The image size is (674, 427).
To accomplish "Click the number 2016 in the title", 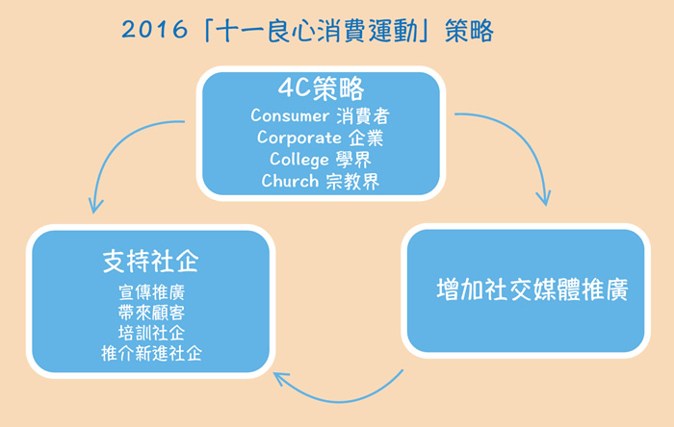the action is coord(154,30).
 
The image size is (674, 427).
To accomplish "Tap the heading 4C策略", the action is coord(321,88).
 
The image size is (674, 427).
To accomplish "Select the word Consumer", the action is coord(290,115).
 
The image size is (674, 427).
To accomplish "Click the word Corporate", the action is coord(299,138).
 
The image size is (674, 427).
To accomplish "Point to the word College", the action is coord(299,160).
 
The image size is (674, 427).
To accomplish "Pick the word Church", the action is coord(290,181).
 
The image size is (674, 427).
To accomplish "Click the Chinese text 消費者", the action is coord(363,115).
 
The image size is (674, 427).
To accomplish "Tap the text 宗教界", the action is coord(352,182).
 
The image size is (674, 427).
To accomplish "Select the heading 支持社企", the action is coord(151,261).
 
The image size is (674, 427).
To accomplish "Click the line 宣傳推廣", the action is coord(152,292).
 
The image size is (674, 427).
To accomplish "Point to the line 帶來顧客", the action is coord(152,313).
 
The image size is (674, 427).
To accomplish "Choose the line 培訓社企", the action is coord(152,333).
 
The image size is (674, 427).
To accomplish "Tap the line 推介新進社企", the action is coord(152,353).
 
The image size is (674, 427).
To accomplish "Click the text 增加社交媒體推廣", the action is coord(532,289).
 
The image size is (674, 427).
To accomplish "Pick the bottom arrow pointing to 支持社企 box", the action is coord(340,400).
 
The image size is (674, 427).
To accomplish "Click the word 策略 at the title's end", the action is coord(469,31).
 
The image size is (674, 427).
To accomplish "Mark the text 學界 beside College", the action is coord(353,160).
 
